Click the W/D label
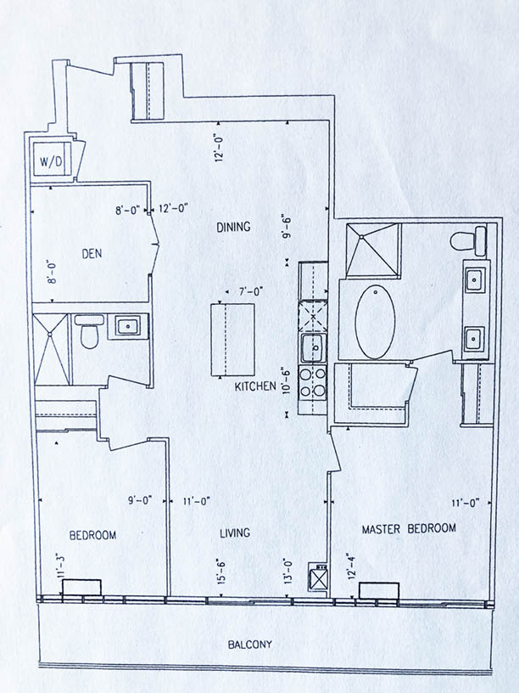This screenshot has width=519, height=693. pyautogui.click(x=51, y=161)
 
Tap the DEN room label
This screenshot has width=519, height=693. pyautogui.click(x=92, y=254)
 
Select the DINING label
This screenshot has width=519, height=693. pyautogui.click(x=233, y=227)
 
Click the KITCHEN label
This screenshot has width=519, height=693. pyautogui.click(x=255, y=386)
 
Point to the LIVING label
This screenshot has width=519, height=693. pyautogui.click(x=235, y=533)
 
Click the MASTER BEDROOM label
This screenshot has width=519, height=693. pyautogui.click(x=409, y=528)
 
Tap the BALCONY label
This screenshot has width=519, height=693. pyautogui.click(x=250, y=645)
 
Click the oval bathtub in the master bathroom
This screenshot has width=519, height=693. pyautogui.click(x=375, y=322)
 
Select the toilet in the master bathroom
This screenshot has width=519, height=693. pyautogui.click(x=468, y=241)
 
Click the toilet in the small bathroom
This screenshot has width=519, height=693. pyautogui.click(x=89, y=330)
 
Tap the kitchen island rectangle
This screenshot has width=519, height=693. pyautogui.click(x=232, y=340)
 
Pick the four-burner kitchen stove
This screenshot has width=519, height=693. pyautogui.click(x=312, y=382)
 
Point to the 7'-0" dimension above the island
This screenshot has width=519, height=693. pyautogui.click(x=251, y=291)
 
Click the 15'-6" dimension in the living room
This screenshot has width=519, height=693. pyautogui.click(x=221, y=571)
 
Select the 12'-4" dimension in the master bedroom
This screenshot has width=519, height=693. pyautogui.click(x=351, y=566)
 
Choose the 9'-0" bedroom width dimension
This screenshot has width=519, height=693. pyautogui.click(x=140, y=500)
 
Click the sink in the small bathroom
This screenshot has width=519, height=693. pyautogui.click(x=128, y=326)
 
